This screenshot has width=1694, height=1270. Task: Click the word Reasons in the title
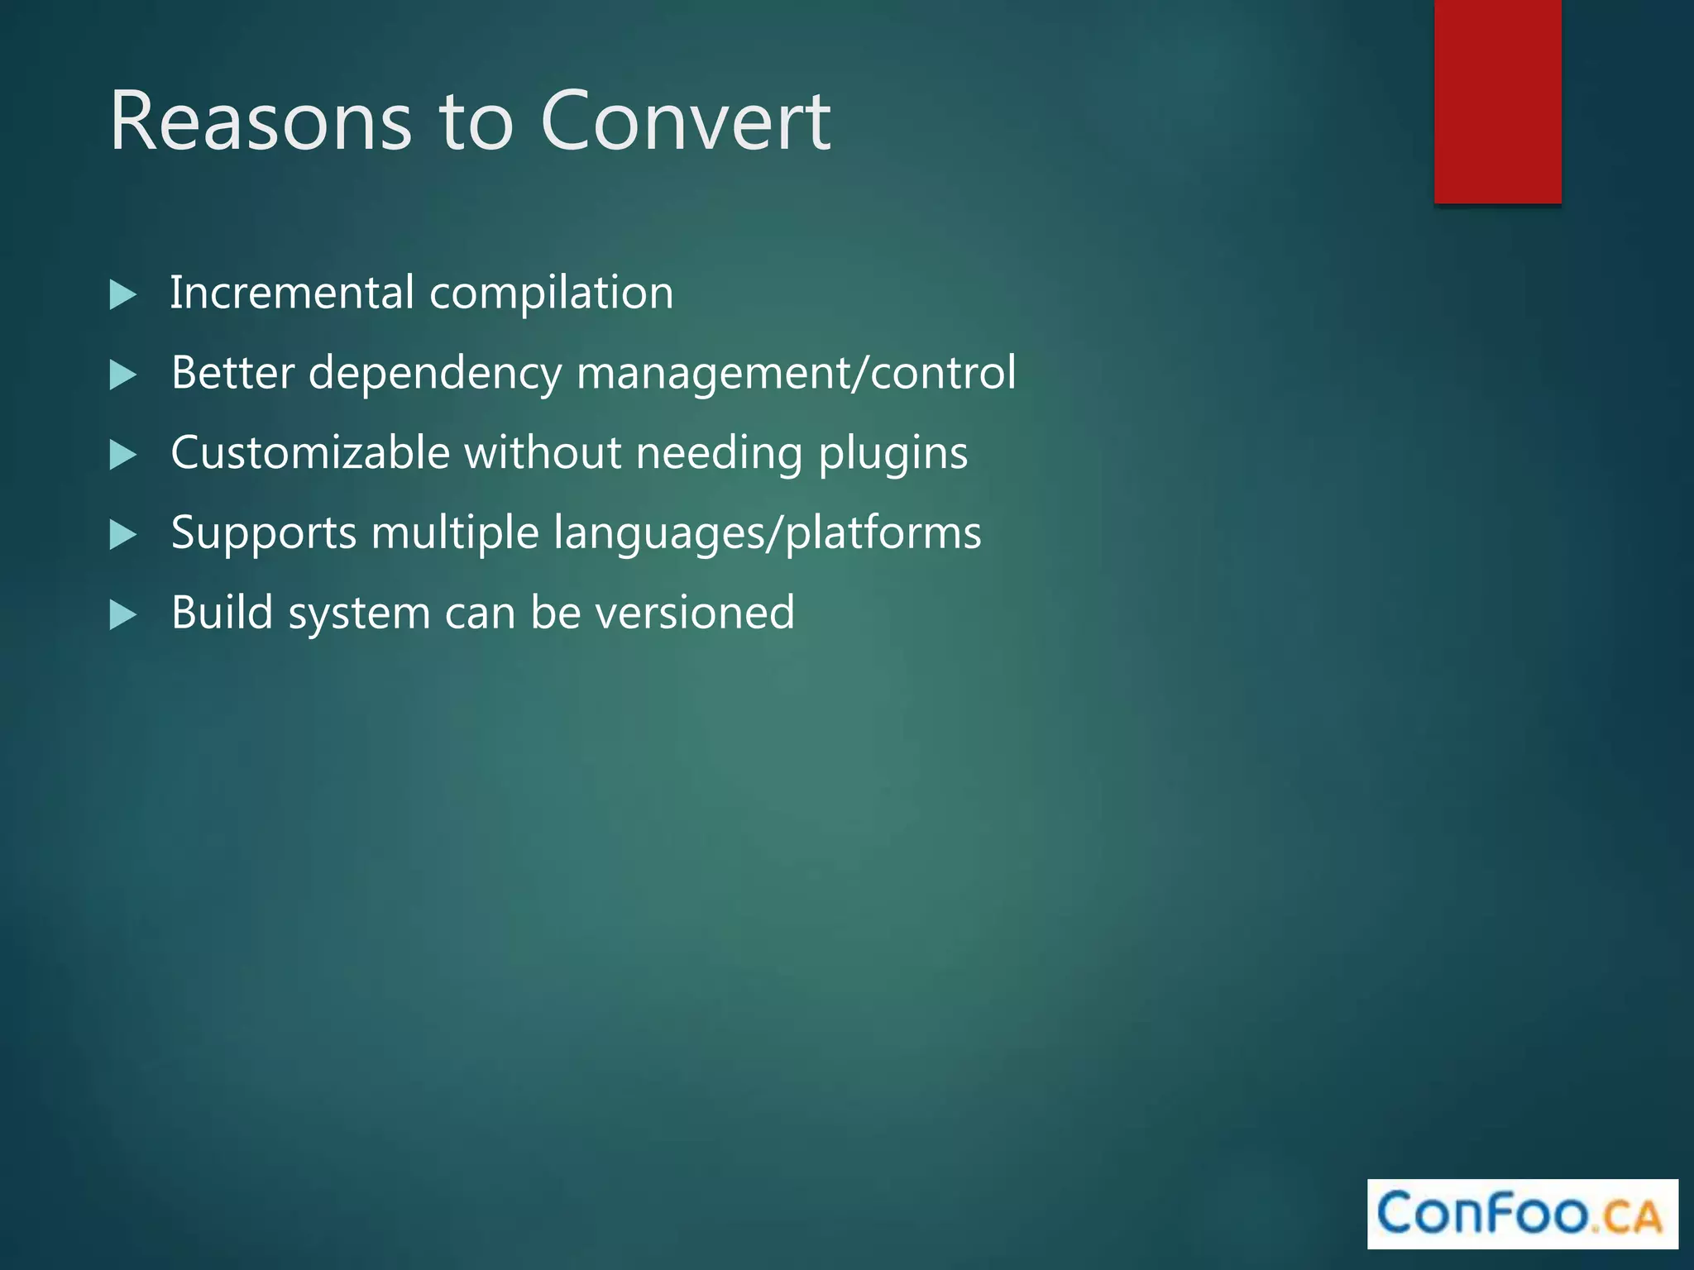point(261,122)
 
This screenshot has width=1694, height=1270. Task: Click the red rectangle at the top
point(1497,101)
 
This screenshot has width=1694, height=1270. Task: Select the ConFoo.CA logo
point(1522,1213)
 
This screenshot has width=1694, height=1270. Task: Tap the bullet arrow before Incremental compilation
point(122,295)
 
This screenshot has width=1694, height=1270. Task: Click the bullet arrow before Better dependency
point(122,375)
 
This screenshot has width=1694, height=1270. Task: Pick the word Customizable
point(310,453)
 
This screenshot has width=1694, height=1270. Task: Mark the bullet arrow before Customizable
point(122,455)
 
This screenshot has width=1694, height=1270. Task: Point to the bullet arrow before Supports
point(122,535)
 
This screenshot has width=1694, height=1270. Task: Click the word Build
point(222,613)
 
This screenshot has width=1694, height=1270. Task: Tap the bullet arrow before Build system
point(122,615)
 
